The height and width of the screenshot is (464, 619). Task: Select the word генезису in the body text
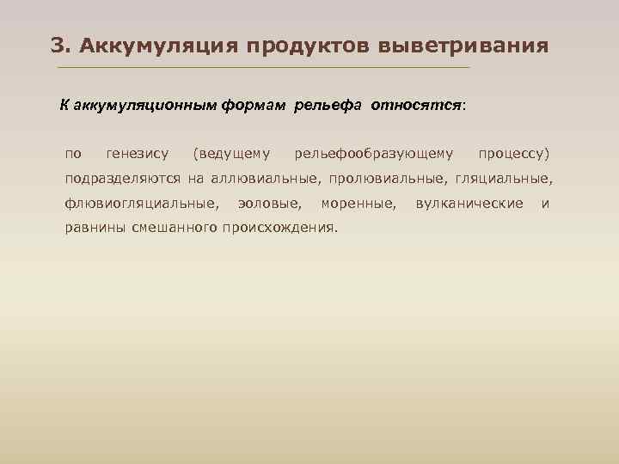[138, 155]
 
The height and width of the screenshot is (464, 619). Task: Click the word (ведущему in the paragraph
[232, 155]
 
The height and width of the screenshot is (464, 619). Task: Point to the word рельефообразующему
[373, 155]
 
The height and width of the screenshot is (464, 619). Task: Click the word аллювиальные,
[263, 179]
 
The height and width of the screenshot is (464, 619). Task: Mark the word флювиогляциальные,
[140, 204]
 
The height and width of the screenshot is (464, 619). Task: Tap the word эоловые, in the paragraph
[269, 204]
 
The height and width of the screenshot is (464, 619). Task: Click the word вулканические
[469, 204]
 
